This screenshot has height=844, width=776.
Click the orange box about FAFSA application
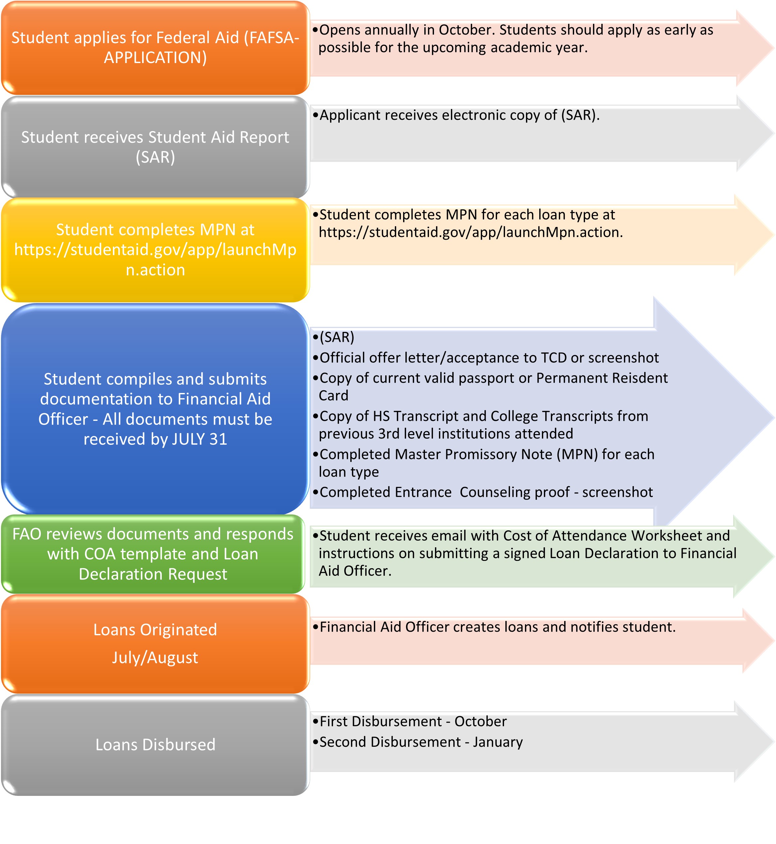[155, 48]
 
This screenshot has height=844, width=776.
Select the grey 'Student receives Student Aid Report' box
[155, 147]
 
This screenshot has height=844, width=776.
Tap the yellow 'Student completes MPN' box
[155, 250]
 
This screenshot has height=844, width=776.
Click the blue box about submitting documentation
[155, 409]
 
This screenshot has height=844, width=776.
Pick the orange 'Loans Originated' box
[155, 644]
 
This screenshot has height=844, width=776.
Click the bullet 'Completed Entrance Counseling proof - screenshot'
[483, 492]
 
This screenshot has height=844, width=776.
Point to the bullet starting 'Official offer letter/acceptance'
[486, 357]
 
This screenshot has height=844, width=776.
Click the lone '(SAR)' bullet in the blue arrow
[333, 337]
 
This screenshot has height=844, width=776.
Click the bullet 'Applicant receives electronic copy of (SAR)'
[456, 115]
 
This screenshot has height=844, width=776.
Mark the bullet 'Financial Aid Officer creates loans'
[494, 627]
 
